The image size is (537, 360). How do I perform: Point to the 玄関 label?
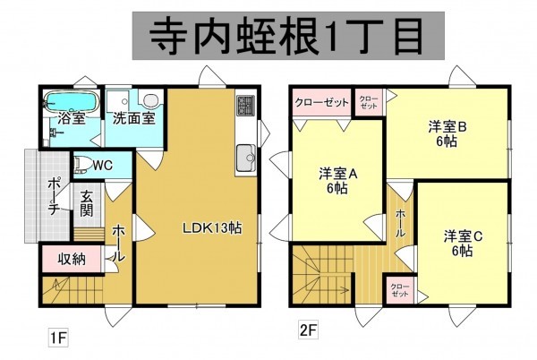(87, 203)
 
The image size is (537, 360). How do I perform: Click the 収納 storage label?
(72, 260)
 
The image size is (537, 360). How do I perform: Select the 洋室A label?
(338, 182)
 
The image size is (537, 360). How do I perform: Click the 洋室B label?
(447, 133)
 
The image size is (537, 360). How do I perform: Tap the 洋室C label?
(463, 243)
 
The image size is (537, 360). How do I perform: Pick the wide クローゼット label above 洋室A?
(321, 102)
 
